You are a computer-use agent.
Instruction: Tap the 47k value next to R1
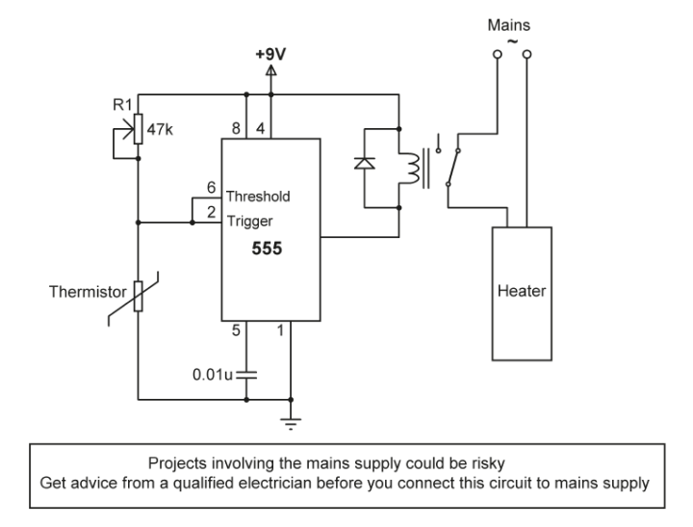[x=161, y=124]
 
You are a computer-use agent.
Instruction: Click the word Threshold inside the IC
[x=258, y=197]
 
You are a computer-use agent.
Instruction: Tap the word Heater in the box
[x=522, y=292]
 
